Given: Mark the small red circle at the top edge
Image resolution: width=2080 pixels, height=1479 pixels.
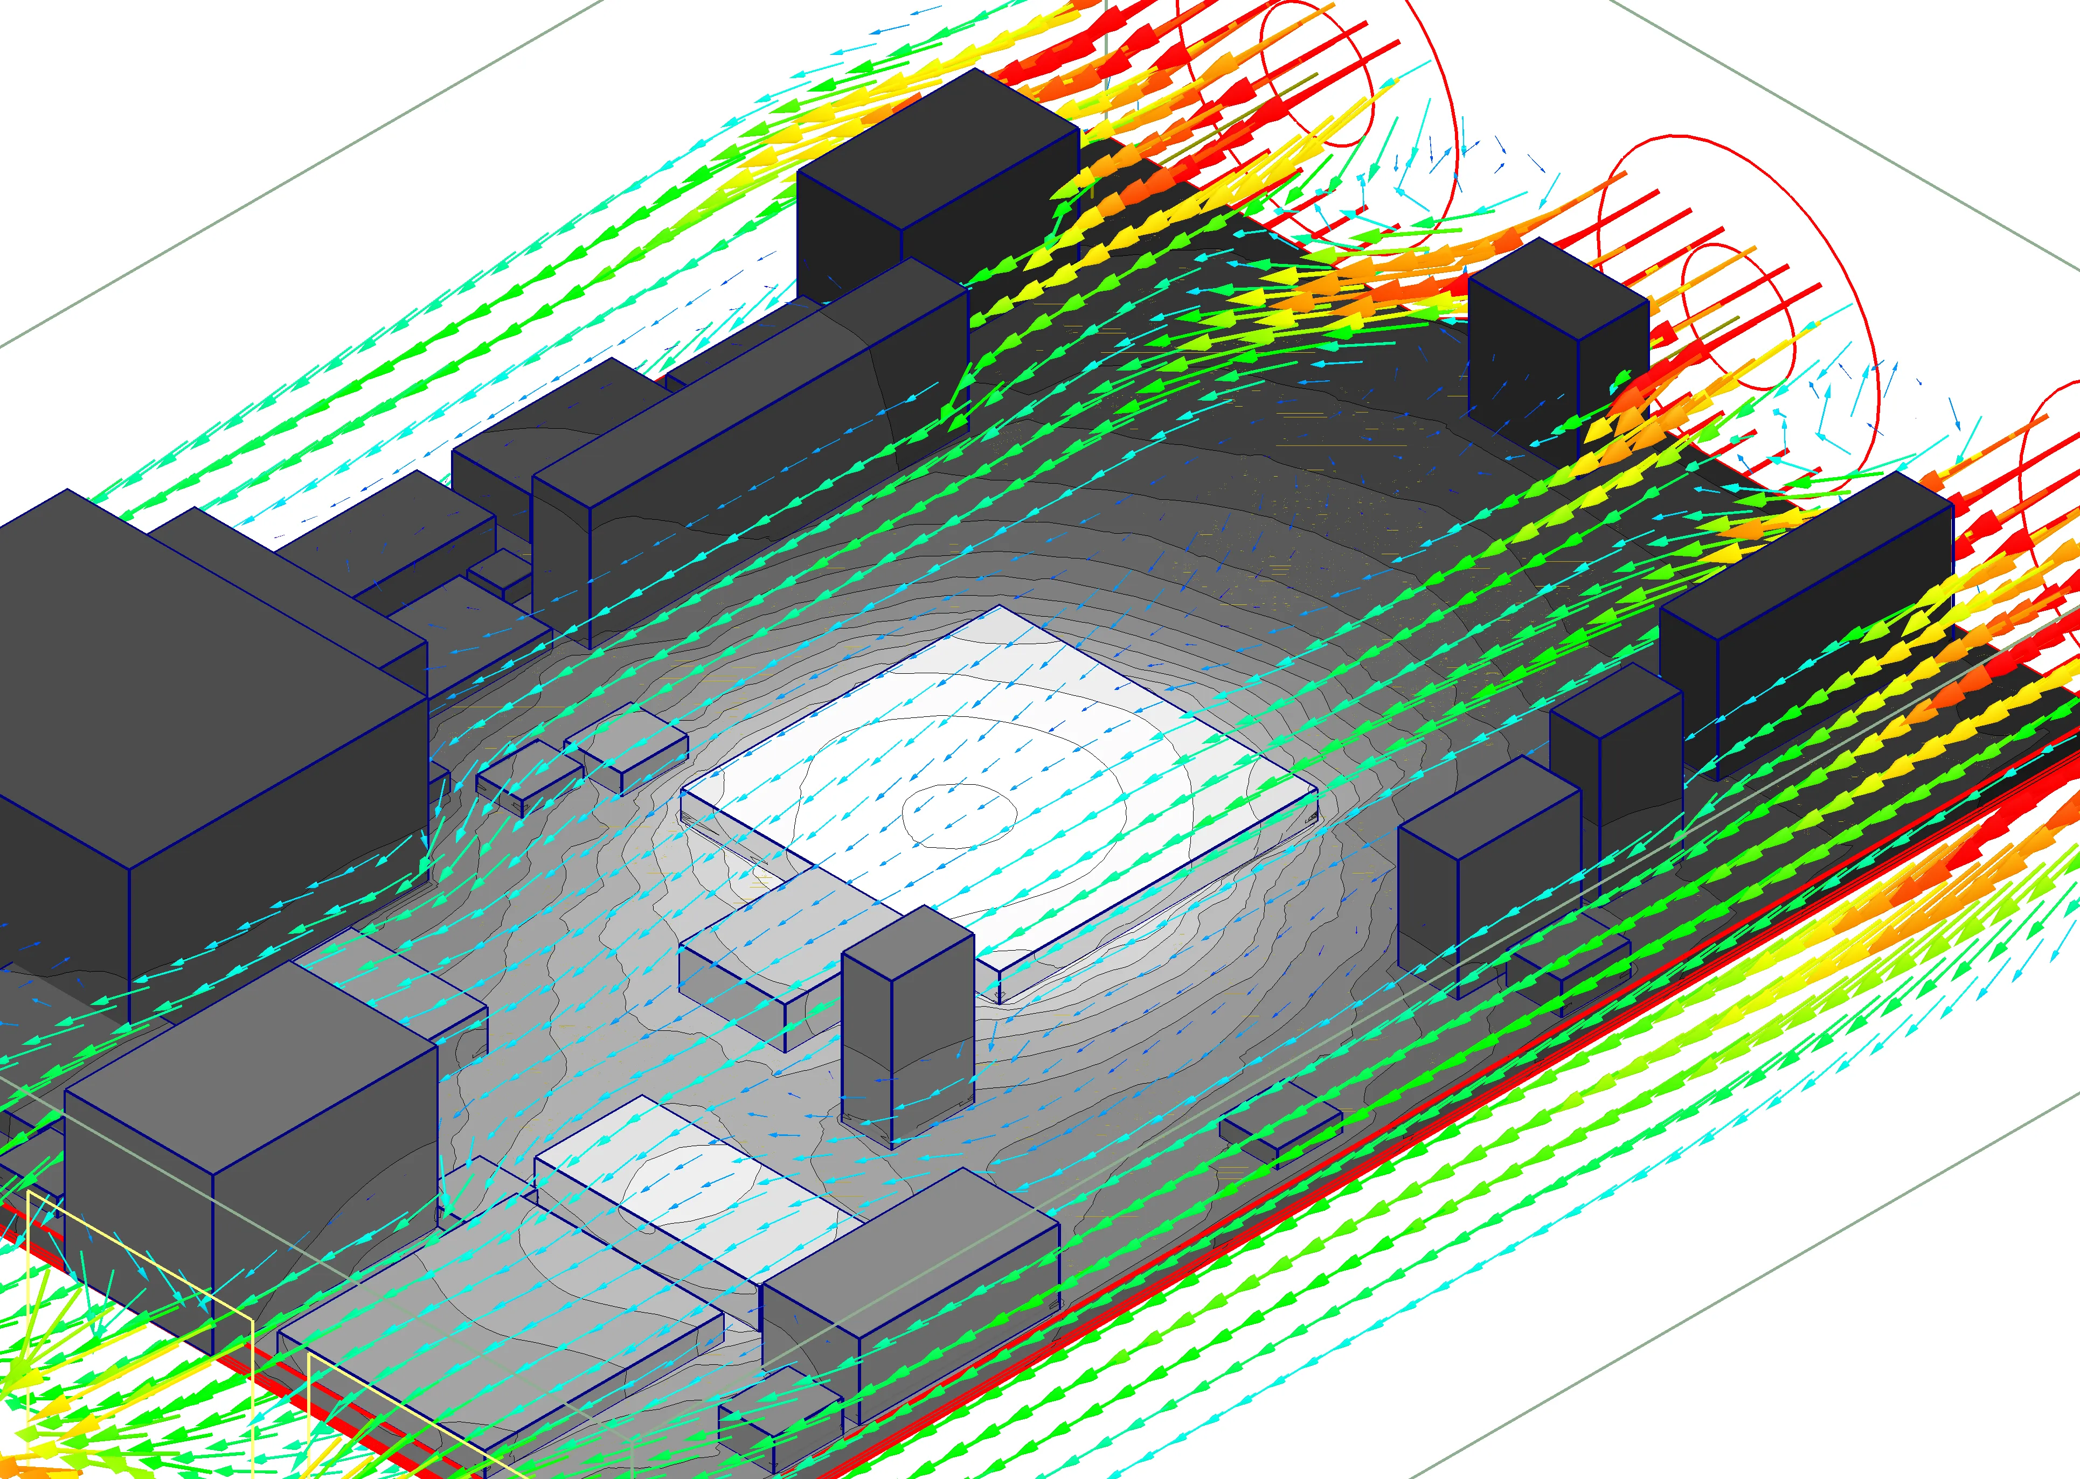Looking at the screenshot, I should [1316, 73].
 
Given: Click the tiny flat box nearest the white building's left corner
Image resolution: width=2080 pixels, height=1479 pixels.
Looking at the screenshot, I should [629, 747].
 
